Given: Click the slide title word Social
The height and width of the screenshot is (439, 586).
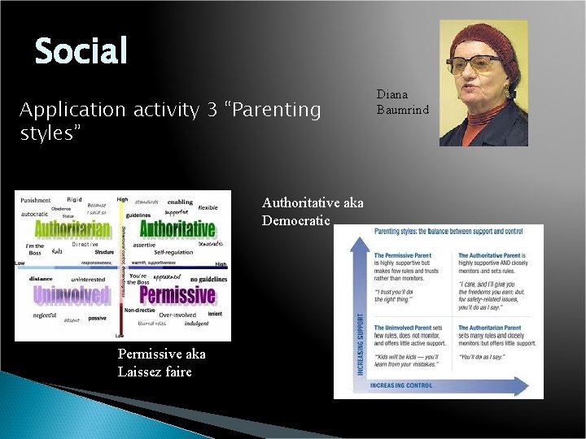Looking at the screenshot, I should [x=81, y=50].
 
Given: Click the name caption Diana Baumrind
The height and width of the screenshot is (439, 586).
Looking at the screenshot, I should [x=402, y=102].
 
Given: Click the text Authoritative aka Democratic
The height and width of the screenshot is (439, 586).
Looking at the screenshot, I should [x=313, y=211].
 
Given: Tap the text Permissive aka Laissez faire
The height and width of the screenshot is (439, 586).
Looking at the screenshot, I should [x=161, y=363].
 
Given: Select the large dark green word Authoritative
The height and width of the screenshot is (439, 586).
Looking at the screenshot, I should [x=177, y=228].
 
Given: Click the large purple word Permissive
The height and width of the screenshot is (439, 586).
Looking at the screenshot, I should [x=177, y=294].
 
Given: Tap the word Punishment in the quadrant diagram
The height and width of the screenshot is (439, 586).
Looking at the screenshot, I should [x=35, y=200].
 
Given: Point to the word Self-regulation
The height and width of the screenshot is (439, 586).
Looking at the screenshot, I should [x=173, y=252].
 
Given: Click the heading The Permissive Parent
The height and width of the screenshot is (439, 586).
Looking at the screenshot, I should [x=403, y=255].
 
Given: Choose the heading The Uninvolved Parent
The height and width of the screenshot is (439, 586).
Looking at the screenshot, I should [x=403, y=328].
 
